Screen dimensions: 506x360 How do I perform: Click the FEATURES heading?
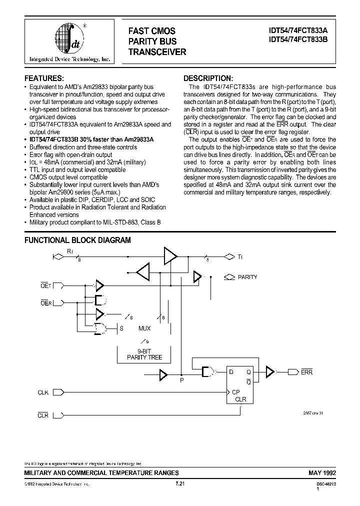[x=44, y=78]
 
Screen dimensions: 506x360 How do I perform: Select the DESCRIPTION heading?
[x=208, y=78]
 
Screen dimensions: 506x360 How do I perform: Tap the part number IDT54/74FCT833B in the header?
[x=298, y=41]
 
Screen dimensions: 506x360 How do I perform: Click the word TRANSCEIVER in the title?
[x=157, y=51]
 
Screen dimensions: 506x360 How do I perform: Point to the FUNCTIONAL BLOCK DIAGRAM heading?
[x=77, y=240]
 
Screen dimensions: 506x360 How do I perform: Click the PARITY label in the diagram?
[x=247, y=277]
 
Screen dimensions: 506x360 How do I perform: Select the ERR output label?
[x=306, y=372]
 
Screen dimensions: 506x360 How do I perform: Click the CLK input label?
[x=43, y=392]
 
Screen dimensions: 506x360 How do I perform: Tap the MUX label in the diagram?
[x=144, y=328]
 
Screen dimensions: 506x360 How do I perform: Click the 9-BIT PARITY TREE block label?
[x=144, y=354]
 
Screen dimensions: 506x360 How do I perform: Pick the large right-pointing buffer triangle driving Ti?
[x=170, y=257]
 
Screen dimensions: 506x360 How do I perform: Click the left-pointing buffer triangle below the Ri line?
[x=142, y=272]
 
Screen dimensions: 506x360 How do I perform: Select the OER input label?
[x=45, y=302]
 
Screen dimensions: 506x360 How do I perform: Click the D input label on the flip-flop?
[x=230, y=372]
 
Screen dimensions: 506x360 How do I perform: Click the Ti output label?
[x=240, y=257]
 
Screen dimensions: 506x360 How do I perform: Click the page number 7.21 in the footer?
[x=180, y=484]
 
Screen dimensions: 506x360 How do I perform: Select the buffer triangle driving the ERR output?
[x=270, y=371]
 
